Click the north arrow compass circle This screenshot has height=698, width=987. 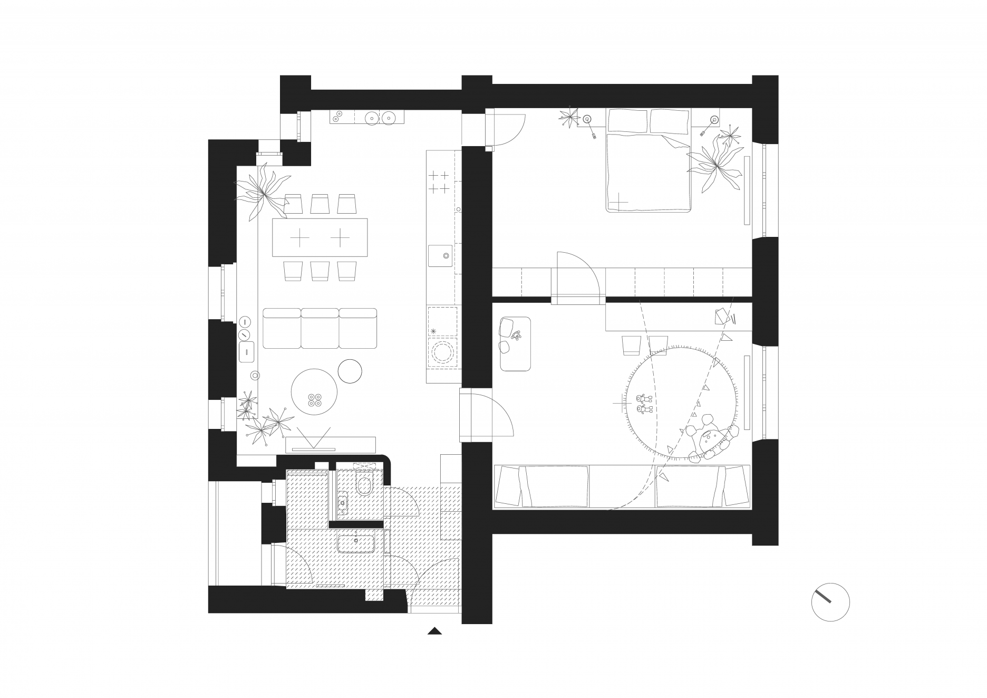point(830,602)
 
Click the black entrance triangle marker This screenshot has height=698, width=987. point(434,630)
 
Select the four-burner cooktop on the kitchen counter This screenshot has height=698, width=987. point(439,181)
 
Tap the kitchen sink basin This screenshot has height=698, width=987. point(442,256)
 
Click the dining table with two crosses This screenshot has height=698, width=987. point(320,237)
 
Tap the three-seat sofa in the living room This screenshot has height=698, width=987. point(320,329)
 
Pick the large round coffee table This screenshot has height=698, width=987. point(314,391)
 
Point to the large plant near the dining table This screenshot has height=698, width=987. point(262,190)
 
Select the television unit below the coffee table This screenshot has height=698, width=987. point(331,444)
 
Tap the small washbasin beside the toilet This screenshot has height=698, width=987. point(343,502)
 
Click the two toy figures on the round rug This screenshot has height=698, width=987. point(644,403)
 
